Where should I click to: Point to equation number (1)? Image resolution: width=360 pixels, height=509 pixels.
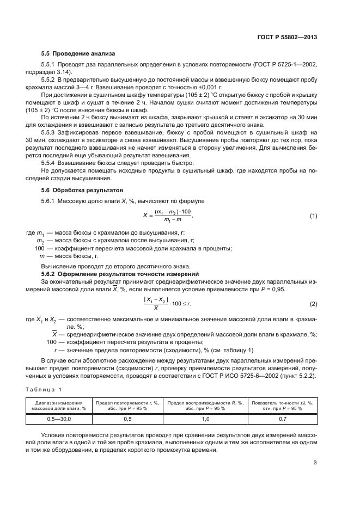click(313, 216)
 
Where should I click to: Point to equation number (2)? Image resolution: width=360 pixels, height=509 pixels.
click(313, 303)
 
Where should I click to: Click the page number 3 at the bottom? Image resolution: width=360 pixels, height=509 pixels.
click(315, 463)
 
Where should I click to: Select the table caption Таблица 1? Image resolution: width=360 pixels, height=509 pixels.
click(44, 389)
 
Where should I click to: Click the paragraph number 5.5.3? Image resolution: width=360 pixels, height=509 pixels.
click(50, 132)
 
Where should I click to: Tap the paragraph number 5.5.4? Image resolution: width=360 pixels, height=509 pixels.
click(50, 163)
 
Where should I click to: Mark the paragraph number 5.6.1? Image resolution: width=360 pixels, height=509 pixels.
click(50, 201)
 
